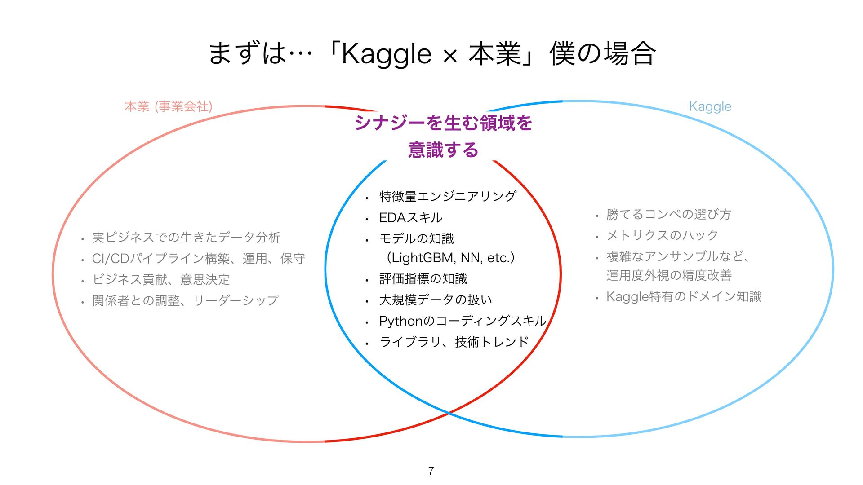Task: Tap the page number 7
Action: click(431, 471)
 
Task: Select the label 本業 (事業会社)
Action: click(168, 106)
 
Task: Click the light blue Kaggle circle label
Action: click(710, 106)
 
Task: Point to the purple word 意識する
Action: click(443, 150)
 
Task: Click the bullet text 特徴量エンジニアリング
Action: click(448, 196)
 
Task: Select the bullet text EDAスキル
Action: click(411, 218)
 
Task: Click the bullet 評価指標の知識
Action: click(423, 279)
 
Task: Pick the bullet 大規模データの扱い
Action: click(436, 300)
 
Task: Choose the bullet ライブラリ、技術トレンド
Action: click(454, 342)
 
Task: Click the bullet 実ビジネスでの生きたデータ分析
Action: click(186, 237)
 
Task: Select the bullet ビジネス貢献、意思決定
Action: click(161, 279)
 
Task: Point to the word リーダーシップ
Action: click(236, 300)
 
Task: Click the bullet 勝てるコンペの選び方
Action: click(669, 214)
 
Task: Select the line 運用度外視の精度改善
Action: click(669, 275)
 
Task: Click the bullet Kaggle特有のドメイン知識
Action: click(684, 296)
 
